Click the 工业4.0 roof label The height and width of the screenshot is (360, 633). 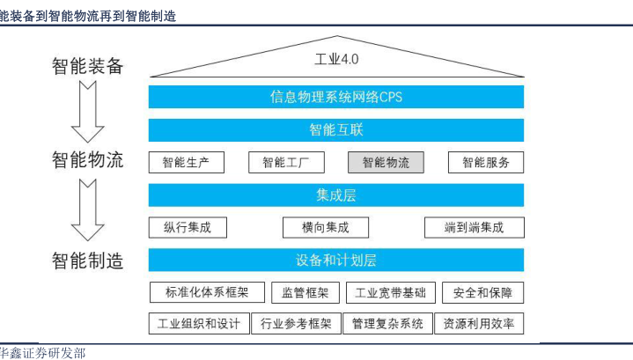click(336, 59)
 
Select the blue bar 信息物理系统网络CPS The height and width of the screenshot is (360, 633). click(336, 97)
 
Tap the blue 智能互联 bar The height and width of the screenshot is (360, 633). click(336, 130)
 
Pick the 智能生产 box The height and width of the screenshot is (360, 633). click(186, 162)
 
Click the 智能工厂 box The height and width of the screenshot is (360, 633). click(286, 162)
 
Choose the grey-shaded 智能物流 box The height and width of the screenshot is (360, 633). click(386, 162)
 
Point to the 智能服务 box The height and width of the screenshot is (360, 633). click(486, 162)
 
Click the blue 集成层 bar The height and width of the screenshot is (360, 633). click(336, 195)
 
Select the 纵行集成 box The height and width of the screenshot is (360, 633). click(188, 228)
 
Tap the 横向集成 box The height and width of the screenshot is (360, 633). click(326, 228)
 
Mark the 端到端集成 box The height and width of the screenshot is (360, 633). click(475, 228)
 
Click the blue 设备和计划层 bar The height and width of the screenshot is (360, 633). click(336, 260)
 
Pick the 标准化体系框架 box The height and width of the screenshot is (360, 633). click(207, 292)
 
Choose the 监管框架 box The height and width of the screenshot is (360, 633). click(305, 292)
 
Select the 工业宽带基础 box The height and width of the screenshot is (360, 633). click(391, 292)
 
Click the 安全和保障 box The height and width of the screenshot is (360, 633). click(482, 292)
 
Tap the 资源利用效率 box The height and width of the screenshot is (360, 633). click(479, 323)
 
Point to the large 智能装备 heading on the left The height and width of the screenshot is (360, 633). click(88, 66)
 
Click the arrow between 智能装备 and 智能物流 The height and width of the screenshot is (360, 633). click(88, 112)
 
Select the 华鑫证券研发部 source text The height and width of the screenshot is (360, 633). click(42, 353)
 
